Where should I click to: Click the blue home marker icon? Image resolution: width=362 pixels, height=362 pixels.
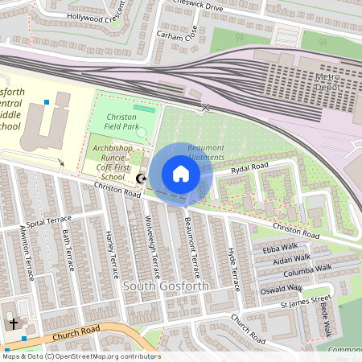click(181, 174)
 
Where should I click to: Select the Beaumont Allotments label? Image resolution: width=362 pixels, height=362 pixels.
click(205, 153)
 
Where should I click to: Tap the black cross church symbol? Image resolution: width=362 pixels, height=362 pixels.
click(14, 323)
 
